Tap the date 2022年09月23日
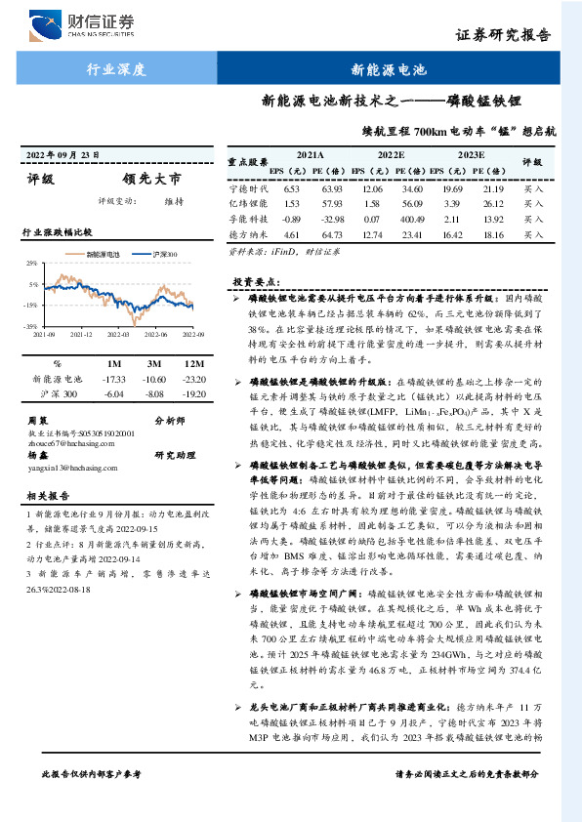(63, 155)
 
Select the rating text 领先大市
(151, 180)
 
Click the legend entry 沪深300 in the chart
(165, 254)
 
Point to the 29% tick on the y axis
(31, 264)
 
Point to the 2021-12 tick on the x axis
(82, 334)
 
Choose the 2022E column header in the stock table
(391, 155)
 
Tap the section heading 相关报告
(45, 496)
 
